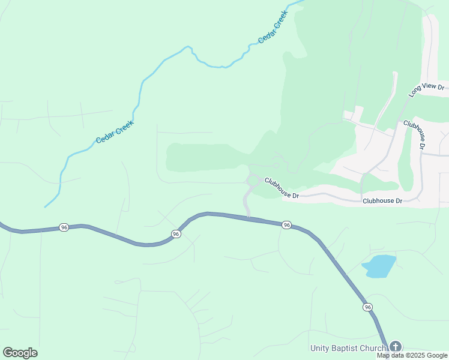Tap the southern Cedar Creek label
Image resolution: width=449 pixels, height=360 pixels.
tap(115, 132)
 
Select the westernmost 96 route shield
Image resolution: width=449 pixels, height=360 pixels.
tap(63, 227)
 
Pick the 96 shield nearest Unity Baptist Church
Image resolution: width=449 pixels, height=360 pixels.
tap(367, 307)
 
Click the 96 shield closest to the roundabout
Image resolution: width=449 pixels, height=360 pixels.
tap(286, 224)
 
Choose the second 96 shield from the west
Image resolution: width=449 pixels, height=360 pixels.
tap(176, 233)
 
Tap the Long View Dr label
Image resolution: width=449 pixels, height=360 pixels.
tap(426, 91)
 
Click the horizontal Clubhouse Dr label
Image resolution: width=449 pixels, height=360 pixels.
tap(382, 200)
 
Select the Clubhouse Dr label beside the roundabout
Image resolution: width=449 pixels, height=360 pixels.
tap(282, 187)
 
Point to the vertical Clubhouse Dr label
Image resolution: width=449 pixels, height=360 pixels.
tap(415, 135)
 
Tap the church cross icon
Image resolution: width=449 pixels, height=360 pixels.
tap(395, 346)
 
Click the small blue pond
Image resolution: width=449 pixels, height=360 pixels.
tap(379, 266)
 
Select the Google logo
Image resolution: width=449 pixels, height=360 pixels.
tap(20, 353)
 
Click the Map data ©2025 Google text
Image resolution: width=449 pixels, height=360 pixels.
tap(412, 355)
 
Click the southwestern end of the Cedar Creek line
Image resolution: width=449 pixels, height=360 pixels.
tap(45, 207)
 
